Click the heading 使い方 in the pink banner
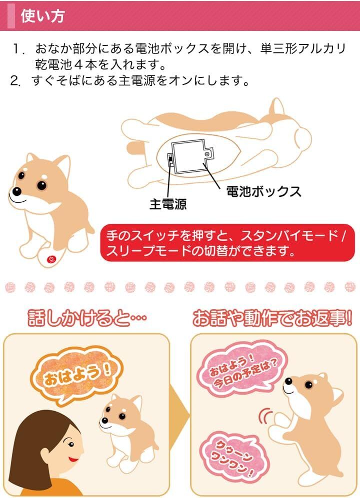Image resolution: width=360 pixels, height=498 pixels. (42, 16)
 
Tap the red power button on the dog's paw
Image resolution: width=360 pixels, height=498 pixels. (51, 259)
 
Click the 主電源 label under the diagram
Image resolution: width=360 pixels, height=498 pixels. (168, 204)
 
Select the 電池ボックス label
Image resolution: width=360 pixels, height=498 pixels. (263, 191)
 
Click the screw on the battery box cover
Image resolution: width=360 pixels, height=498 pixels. (207, 154)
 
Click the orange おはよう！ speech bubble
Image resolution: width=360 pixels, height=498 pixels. (77, 375)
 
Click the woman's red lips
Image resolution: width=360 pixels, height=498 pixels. (74, 459)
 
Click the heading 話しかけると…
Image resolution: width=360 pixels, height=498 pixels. (87, 318)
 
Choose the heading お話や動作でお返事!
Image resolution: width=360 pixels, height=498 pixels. (272, 318)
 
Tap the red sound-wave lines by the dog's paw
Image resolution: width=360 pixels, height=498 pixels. (265, 417)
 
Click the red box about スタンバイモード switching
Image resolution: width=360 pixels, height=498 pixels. (227, 243)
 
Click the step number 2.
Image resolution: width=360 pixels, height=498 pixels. (16, 81)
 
